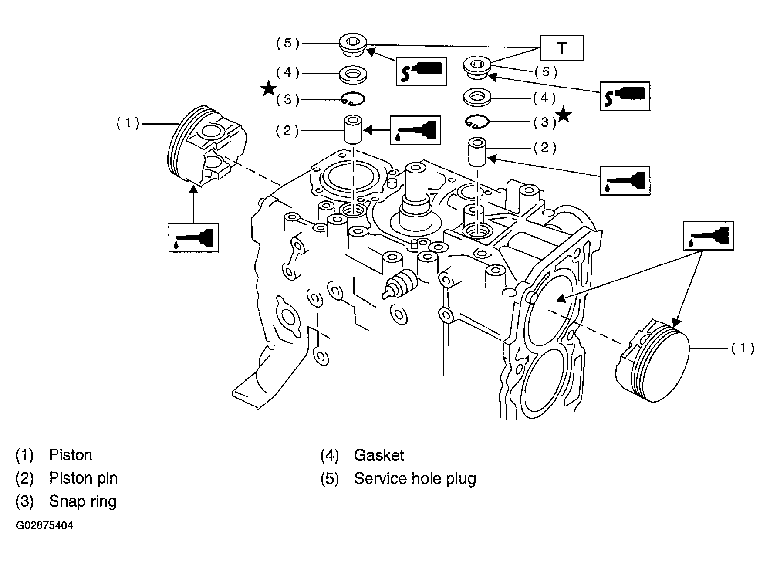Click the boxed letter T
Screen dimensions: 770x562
click(x=562, y=48)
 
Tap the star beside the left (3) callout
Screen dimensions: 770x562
click(x=268, y=89)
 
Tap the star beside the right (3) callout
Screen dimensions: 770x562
click(x=564, y=115)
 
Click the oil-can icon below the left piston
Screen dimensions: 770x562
click(x=193, y=238)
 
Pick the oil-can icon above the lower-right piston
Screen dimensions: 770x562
click(x=709, y=236)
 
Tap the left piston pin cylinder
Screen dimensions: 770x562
click(x=353, y=129)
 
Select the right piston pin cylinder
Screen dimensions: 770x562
click(x=478, y=152)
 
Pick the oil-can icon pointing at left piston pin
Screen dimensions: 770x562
click(x=415, y=130)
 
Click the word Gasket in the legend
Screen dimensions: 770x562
click(x=379, y=456)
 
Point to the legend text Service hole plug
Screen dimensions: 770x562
click(x=415, y=478)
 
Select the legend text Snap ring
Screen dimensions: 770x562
click(x=83, y=501)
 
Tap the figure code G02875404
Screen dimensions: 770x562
click(x=44, y=525)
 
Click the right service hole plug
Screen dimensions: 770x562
click(x=478, y=68)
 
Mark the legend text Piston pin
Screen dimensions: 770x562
click(x=83, y=478)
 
